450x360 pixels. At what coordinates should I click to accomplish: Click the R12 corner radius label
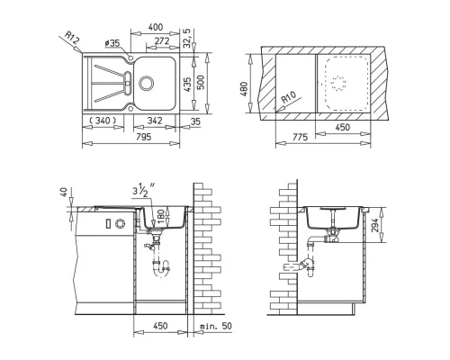pyautogui.click(x=72, y=39)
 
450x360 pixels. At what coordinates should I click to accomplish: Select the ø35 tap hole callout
pyautogui.click(x=112, y=43)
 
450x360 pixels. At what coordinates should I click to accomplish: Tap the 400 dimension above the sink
pyautogui.click(x=156, y=27)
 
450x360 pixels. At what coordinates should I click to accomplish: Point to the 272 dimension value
pyautogui.click(x=162, y=40)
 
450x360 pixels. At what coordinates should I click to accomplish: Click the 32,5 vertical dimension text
pyautogui.click(x=186, y=38)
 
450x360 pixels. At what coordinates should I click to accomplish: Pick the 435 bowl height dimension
pyautogui.click(x=187, y=85)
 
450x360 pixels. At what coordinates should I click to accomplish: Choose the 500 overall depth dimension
pyautogui.click(x=201, y=82)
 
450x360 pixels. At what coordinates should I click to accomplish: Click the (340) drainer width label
pyautogui.click(x=103, y=121)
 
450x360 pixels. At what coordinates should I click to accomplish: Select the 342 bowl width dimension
pyautogui.click(x=155, y=121)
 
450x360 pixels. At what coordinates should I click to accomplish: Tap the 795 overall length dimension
pyautogui.click(x=144, y=137)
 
